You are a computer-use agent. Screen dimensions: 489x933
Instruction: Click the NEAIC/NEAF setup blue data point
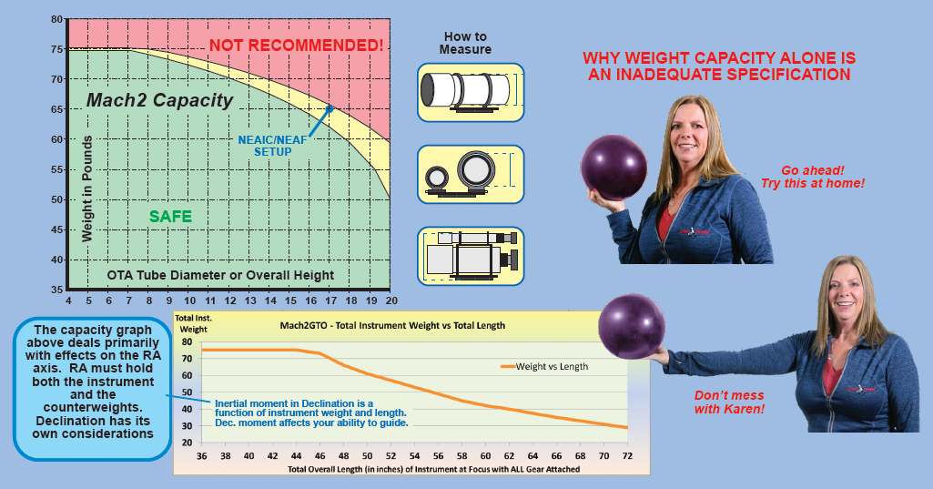[330, 108]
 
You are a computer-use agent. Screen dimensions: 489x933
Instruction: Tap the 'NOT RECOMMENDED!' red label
[296, 44]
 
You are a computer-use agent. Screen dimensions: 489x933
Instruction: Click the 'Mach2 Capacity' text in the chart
[159, 100]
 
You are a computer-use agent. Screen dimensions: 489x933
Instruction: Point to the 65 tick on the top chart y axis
[56, 109]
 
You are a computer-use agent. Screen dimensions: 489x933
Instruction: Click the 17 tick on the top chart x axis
[330, 300]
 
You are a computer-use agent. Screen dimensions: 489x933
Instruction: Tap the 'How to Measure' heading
[465, 43]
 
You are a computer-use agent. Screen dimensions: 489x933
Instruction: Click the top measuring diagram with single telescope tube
[471, 91]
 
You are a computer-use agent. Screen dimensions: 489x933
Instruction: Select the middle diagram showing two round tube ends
[471, 173]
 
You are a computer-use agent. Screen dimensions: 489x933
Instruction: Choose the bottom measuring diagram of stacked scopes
[471, 256]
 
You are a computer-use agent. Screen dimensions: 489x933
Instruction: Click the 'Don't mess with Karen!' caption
[729, 402]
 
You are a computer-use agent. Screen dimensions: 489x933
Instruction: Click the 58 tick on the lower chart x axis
[461, 456]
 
